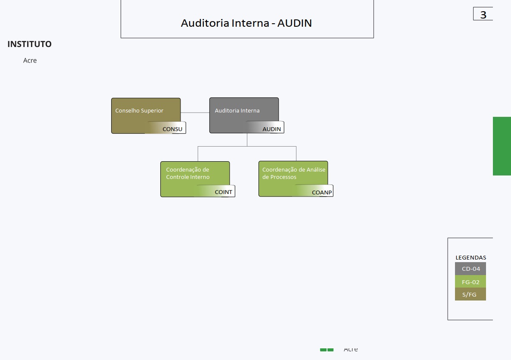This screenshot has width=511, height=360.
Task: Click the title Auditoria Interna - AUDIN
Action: tap(246, 23)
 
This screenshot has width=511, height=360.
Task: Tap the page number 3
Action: tap(483, 15)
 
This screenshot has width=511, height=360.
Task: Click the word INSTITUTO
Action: tap(29, 44)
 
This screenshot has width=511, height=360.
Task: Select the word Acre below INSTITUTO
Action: tap(30, 61)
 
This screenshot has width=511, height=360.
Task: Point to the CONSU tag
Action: tap(172, 129)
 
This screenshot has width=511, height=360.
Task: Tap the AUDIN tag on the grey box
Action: tap(271, 129)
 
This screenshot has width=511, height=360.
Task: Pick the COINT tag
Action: tap(223, 192)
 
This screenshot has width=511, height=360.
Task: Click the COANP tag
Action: tap(321, 192)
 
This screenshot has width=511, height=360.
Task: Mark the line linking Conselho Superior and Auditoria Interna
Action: tap(195, 113)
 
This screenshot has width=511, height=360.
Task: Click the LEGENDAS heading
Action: tap(470, 258)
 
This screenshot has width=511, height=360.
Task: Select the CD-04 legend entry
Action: tap(470, 269)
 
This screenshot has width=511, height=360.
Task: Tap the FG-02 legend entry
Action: tap(470, 282)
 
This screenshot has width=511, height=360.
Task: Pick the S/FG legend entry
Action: tap(470, 294)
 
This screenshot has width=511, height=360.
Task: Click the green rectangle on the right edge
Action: tap(502, 146)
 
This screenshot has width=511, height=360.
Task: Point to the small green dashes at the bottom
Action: tap(327, 350)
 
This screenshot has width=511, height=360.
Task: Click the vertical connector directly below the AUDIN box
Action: tap(247, 140)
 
